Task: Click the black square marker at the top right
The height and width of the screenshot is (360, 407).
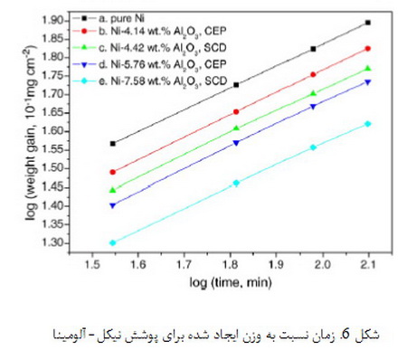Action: pyautogui.click(x=367, y=23)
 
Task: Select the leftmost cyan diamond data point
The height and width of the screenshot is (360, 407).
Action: pyautogui.click(x=113, y=242)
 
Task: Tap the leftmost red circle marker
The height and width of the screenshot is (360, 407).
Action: pyautogui.click(x=113, y=172)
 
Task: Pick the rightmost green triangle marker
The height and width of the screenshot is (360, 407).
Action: pyautogui.click(x=367, y=69)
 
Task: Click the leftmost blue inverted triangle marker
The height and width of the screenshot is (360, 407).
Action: pyautogui.click(x=113, y=205)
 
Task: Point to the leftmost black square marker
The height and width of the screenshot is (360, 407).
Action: pyautogui.click(x=113, y=144)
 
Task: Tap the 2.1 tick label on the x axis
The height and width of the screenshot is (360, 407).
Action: pyautogui.click(x=369, y=264)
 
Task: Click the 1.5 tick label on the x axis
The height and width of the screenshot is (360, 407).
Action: pyautogui.click(x=92, y=264)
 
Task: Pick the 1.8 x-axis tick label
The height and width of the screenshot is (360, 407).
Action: pyautogui.click(x=231, y=264)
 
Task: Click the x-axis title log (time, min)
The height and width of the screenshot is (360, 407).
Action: pyautogui.click(x=231, y=283)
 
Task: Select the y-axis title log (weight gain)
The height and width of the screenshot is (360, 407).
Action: pyautogui.click(x=30, y=133)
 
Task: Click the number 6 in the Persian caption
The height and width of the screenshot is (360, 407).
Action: pyautogui.click(x=345, y=335)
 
